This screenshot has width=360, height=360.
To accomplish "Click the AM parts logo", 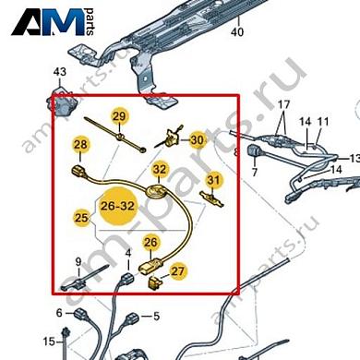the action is pos(53,22).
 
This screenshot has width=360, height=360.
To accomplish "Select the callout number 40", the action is pos(237,31).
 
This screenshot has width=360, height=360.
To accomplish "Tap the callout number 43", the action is pos(60,72).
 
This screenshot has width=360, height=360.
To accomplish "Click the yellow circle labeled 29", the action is pos(120,116).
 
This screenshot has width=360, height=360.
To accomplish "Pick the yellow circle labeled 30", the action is pos(198,140).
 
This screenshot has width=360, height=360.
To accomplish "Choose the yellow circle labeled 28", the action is pos(80,145).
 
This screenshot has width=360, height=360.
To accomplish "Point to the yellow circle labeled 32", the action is pos(160,169).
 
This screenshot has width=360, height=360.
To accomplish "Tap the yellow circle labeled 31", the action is pos(213,180).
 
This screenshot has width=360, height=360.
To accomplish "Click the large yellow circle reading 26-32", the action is pos(117,206).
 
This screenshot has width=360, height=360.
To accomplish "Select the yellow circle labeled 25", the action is pos(82,218).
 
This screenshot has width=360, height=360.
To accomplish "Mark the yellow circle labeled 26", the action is pos(150,243).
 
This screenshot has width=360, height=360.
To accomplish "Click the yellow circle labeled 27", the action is pos(177,271).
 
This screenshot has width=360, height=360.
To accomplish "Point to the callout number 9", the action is pos(78,262).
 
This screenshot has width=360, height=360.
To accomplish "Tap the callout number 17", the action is pos(283,104).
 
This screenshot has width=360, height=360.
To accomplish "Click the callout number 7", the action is pos(254,172).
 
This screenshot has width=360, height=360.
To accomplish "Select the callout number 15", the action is pos(49,342).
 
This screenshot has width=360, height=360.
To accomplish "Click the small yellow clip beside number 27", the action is pos(155,282).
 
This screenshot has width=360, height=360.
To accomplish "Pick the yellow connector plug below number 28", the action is pos(79,172).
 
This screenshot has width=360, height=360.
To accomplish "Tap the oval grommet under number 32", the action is pos(157,191).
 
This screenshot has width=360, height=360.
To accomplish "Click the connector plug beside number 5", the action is pos(132,318).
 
